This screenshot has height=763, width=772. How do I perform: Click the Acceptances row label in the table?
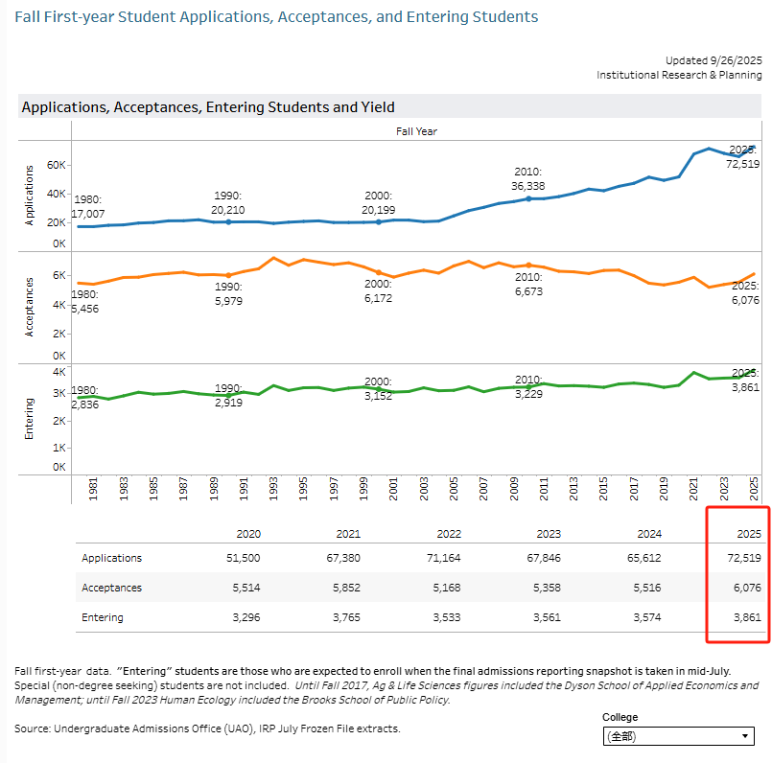coord(112,588)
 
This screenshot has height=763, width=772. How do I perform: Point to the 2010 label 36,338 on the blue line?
coord(528,179)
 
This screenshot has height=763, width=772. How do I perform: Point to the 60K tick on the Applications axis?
coord(57,166)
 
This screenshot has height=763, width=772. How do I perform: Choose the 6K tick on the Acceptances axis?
coord(58,275)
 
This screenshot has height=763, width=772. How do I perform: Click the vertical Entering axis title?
coord(29,419)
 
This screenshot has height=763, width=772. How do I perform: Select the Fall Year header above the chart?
coord(416,131)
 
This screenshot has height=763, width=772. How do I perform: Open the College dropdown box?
coord(677,736)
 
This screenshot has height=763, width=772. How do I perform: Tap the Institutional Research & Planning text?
coord(679,75)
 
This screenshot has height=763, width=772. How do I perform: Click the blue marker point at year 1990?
coord(228,221)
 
